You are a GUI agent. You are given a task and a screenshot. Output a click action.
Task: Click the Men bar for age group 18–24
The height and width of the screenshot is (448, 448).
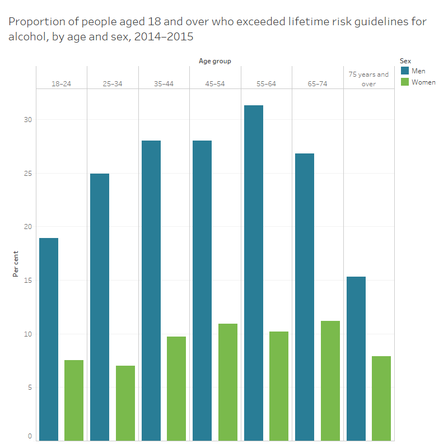(x=49, y=339)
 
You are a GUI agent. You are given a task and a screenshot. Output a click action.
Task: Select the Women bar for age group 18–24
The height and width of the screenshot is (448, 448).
(x=74, y=400)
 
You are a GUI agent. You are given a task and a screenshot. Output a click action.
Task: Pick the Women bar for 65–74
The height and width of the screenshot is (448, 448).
(x=330, y=380)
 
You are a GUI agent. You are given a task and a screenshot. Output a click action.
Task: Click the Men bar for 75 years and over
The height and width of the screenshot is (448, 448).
(x=356, y=358)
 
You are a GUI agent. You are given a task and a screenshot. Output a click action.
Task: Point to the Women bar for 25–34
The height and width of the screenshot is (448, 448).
(x=125, y=403)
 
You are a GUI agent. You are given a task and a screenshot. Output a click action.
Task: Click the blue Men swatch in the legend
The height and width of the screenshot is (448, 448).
(x=404, y=71)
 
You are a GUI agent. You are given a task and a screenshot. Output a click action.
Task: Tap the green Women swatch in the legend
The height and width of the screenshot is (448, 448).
(x=404, y=82)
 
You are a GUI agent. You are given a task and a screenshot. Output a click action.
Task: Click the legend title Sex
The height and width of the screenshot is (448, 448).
(x=405, y=60)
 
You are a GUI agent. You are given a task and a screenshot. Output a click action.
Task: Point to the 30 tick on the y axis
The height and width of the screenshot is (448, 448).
(x=29, y=120)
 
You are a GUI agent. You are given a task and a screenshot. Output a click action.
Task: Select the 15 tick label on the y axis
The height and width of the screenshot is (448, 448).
(x=29, y=281)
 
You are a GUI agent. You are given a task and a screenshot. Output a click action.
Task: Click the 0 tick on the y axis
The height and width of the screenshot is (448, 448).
(x=30, y=436)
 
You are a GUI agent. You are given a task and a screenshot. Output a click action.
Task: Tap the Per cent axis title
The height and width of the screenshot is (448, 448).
(x=16, y=263)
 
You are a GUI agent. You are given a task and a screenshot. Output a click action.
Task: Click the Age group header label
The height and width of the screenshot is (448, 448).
(x=214, y=61)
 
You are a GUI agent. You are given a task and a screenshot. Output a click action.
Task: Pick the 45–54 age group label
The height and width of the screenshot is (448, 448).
(x=215, y=84)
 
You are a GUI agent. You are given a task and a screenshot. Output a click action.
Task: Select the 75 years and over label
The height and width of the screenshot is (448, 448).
(x=368, y=79)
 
